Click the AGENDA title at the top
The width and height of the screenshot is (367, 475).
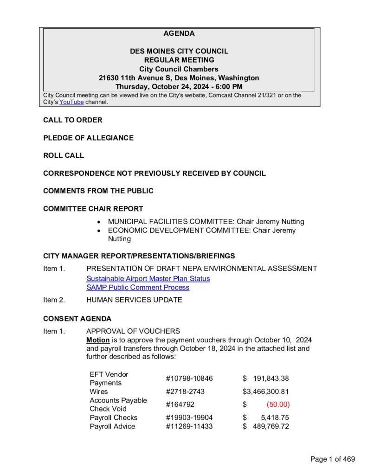(179, 33)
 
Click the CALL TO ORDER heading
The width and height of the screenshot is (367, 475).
(73, 120)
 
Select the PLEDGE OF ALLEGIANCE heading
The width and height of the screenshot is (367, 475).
(88, 138)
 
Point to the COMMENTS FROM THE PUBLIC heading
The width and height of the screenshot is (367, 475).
(98, 191)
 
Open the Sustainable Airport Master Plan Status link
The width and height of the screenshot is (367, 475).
(148, 278)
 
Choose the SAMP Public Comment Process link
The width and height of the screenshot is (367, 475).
(138, 287)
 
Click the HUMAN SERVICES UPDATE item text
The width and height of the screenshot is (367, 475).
(134, 300)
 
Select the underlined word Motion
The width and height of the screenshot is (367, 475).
(98, 340)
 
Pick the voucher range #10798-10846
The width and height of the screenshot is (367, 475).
(189, 379)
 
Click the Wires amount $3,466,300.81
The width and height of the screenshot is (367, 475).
(266, 392)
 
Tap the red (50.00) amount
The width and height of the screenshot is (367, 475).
(278, 404)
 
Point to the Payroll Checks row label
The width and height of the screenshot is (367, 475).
(114, 417)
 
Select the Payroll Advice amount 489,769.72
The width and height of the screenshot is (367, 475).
(271, 426)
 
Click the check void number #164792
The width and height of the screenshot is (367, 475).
(181, 404)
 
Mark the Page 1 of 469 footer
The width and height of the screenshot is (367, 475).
(333, 459)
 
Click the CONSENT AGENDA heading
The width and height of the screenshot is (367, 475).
(77, 319)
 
